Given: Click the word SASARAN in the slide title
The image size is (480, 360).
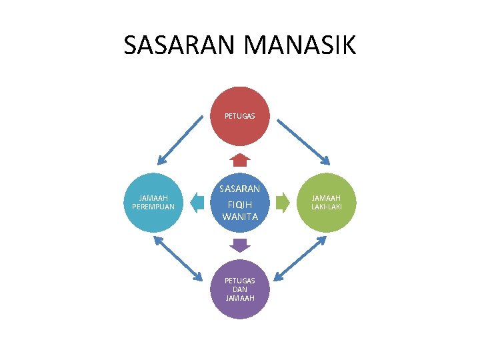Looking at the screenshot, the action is point(179,45).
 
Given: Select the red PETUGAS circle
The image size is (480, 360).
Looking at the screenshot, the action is point(240,116).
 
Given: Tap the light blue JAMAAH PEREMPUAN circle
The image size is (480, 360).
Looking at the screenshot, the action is point(153,203).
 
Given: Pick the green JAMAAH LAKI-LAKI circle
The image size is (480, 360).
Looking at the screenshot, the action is point(326,203).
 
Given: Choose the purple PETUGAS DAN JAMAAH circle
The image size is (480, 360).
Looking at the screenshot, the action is point(240,289).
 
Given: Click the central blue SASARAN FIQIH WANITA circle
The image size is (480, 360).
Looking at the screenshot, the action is point(240,203).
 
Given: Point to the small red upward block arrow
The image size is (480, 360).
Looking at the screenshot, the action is point(240,160).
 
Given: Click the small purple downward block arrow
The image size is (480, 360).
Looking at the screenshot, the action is point(240,245).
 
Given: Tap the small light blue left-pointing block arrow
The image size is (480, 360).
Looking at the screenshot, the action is point(197,203).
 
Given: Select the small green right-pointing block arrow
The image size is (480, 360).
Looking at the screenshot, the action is point(283,203).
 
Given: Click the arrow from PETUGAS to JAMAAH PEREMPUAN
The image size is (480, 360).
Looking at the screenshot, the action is point(180,140).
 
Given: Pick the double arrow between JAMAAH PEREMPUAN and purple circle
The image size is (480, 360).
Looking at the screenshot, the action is point(178,259).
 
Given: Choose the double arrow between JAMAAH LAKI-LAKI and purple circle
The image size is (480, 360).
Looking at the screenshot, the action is point(300,259).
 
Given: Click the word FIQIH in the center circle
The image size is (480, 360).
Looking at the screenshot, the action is point(240,205).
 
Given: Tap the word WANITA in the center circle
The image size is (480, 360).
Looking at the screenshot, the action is point(240,217).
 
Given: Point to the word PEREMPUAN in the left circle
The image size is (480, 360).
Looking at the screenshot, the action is point(153,207).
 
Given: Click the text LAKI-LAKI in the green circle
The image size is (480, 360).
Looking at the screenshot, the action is point(326,207).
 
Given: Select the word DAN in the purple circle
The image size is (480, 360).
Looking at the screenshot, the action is point(240,289).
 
